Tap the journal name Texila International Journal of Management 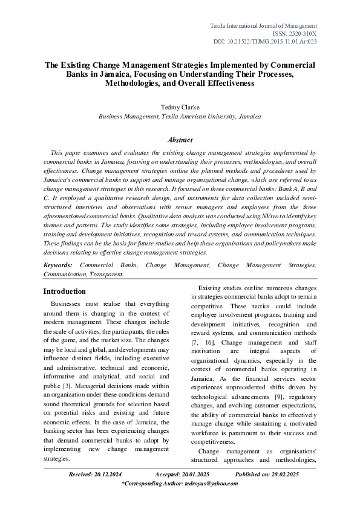tap(263, 26)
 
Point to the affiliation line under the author tap(180, 116)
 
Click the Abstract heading tap(180, 140)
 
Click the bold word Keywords tap(58, 265)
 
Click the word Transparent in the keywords tap(106, 273)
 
